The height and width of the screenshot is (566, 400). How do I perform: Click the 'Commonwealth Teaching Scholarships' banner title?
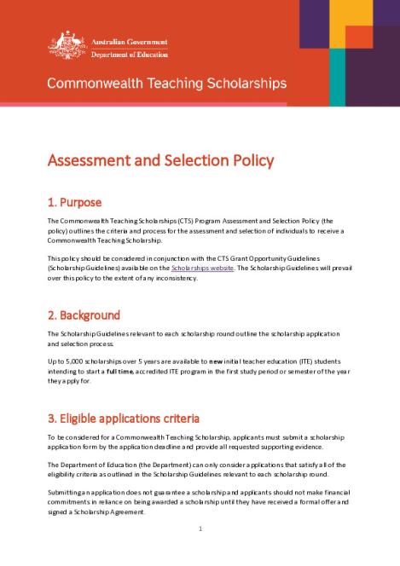(x=166, y=84)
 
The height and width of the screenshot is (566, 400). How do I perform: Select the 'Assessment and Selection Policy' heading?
(x=160, y=161)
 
